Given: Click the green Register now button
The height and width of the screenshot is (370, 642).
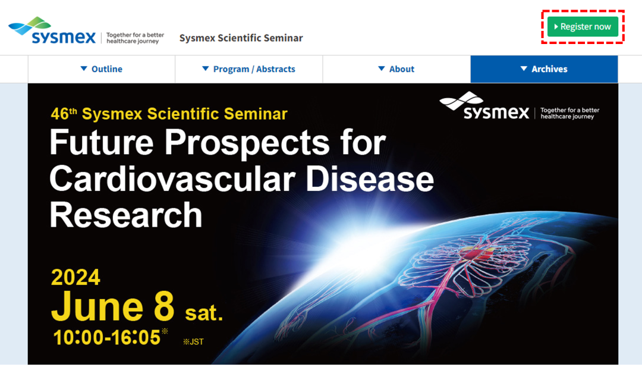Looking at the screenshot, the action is [583, 27].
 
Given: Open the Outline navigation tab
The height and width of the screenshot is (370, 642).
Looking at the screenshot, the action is [102, 69].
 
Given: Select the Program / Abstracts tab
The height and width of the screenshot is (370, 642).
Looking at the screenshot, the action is [249, 69].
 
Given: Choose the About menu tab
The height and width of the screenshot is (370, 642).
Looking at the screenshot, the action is [396, 69].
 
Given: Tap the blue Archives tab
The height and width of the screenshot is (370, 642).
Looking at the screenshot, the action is [544, 69].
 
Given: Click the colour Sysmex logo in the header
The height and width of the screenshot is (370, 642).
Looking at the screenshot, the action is [52, 31].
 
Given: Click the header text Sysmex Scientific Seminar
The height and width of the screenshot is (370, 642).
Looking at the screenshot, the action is [241, 37].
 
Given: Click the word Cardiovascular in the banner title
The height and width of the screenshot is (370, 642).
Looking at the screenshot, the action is [172, 179].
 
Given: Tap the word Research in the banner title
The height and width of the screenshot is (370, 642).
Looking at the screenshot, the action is [126, 215].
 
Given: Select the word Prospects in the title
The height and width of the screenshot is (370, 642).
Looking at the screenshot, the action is [247, 143].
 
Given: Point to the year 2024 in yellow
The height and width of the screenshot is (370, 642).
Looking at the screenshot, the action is [75, 277].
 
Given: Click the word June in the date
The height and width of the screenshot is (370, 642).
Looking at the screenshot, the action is [97, 307].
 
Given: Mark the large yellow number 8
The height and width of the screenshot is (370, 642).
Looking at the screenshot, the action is [164, 307].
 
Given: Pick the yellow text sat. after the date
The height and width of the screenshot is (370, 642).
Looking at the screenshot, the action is [204, 313].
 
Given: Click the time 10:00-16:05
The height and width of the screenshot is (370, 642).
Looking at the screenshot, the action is [107, 338].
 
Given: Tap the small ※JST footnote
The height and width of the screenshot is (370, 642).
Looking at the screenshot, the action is [193, 341].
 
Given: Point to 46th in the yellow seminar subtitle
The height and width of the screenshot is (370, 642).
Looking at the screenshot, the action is [64, 114].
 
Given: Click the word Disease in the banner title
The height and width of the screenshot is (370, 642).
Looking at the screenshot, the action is [370, 179].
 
